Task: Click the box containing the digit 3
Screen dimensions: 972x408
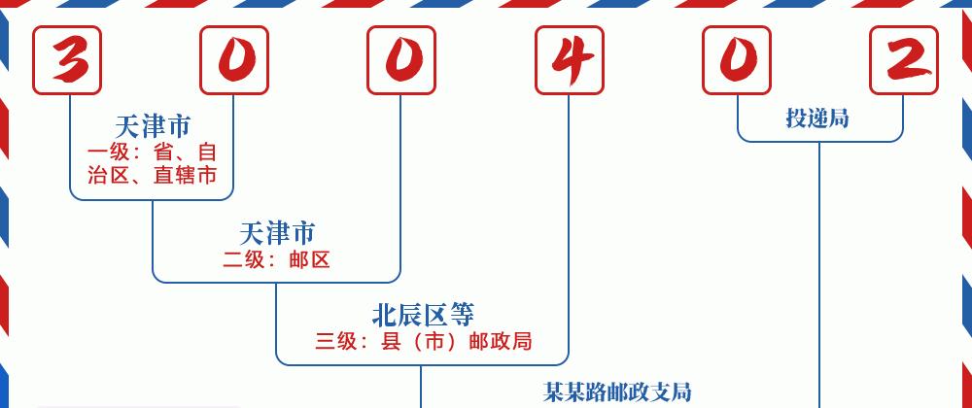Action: (67, 60)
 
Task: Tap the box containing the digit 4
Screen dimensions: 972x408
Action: (569, 60)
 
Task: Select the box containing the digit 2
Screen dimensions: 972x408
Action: (904, 60)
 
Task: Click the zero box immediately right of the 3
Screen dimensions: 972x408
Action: (234, 60)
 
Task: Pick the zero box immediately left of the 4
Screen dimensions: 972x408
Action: (401, 60)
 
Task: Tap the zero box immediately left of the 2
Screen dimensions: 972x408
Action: (737, 60)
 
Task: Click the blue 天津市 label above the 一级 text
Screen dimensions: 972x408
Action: (153, 127)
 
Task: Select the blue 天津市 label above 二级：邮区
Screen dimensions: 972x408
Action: (276, 233)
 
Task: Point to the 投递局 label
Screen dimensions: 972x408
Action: (817, 117)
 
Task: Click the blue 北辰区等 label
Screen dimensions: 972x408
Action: (423, 315)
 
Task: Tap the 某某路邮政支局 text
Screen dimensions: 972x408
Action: (617, 391)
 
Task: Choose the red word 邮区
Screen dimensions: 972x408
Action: (309, 259)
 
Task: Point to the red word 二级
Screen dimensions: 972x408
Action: (244, 259)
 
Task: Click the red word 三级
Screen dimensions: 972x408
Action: (336, 341)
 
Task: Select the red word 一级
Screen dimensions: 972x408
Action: (109, 153)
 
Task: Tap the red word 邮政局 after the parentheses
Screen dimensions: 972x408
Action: (501, 341)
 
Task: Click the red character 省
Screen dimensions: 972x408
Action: (163, 153)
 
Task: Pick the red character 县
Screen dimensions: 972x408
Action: (391, 341)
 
